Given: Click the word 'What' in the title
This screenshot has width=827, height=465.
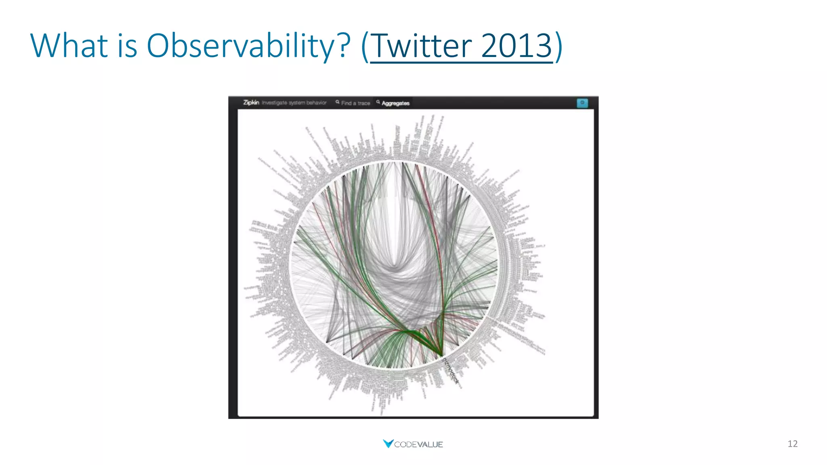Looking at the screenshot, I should tap(69, 45).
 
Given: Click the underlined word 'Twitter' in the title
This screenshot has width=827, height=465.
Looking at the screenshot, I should tap(421, 46).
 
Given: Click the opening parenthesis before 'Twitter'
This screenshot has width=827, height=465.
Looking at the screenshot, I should tap(365, 47).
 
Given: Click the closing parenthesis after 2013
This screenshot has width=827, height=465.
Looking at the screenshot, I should tap(558, 47).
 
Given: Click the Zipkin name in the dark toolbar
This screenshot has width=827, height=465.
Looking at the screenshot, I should tap(251, 103).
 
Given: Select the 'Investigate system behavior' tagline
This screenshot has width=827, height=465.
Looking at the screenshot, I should tap(294, 103).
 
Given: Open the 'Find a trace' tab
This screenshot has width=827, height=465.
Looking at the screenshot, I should tap(355, 103).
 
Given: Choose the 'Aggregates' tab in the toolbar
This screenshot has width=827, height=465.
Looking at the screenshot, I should tap(395, 103).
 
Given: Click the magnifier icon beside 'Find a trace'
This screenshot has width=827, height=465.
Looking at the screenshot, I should tap(337, 102).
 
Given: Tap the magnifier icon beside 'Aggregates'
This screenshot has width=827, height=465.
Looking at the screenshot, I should tap(378, 102).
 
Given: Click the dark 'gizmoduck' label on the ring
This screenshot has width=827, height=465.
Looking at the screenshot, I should tap(451, 371).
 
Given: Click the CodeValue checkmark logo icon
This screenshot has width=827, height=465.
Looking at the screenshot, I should tap(388, 444).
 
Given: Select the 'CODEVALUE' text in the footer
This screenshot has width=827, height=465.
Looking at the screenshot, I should tap(418, 444).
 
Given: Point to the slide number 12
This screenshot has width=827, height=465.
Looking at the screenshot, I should tap(792, 444).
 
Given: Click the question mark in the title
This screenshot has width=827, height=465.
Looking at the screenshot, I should tap(344, 45).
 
